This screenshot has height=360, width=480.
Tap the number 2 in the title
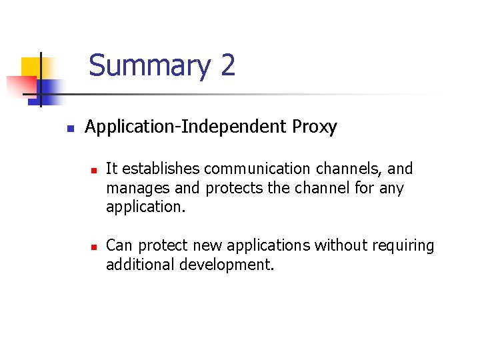[227, 66]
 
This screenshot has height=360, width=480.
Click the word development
[227, 265]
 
